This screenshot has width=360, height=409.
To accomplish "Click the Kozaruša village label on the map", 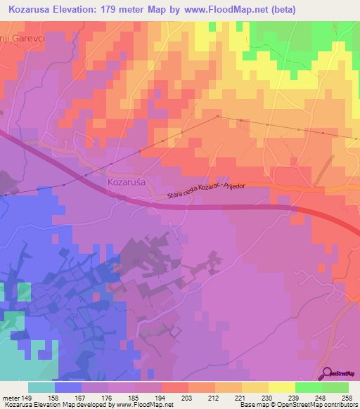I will pyautogui.click(x=127, y=182).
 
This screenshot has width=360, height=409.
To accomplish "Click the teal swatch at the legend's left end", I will pyautogui.click(x=41, y=387).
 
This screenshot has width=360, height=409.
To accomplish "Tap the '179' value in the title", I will pyautogui.click(x=115, y=10).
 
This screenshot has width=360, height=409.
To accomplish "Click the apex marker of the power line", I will pyautogui.click(x=218, y=116).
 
